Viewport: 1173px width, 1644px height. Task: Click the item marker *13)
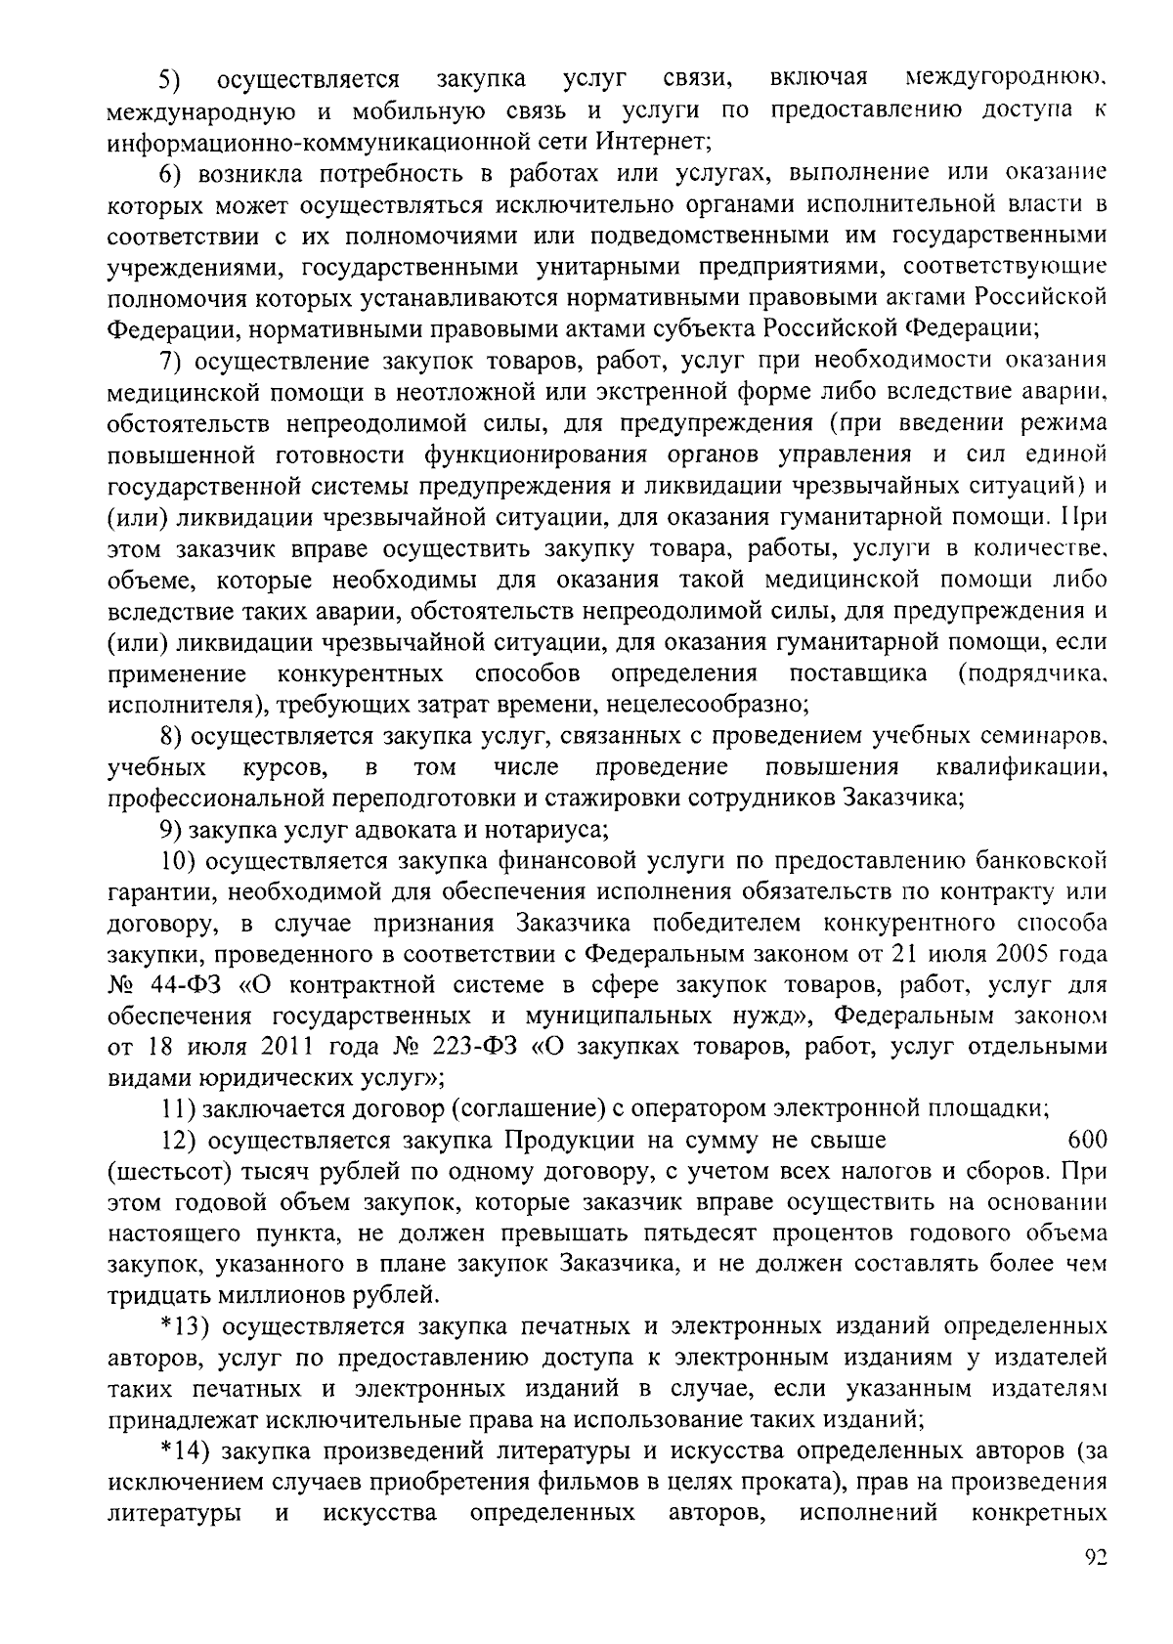tap(184, 1327)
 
